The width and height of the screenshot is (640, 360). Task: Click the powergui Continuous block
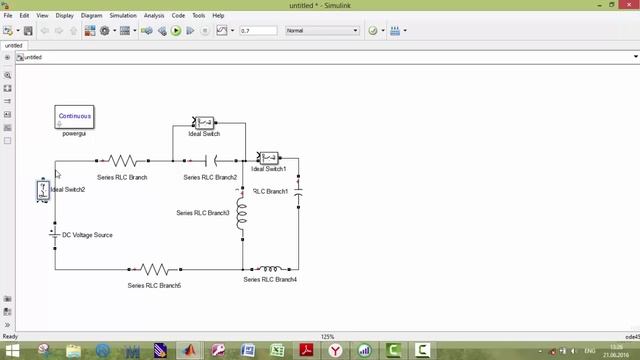(x=74, y=117)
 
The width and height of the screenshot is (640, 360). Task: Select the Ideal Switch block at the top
(x=204, y=122)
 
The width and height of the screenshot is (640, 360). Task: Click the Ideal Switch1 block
(x=268, y=157)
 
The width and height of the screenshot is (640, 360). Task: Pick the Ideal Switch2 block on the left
(x=43, y=189)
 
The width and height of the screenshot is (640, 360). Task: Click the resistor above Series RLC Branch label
(x=123, y=160)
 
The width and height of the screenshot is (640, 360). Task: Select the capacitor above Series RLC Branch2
(x=211, y=160)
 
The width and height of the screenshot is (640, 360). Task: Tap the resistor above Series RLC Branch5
(x=154, y=268)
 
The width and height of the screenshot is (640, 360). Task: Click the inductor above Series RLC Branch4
(x=270, y=268)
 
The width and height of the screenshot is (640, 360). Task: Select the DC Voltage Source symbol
(x=54, y=235)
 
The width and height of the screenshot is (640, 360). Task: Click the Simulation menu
(x=123, y=16)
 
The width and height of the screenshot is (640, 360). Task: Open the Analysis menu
(x=154, y=16)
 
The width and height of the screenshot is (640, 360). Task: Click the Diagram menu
(x=92, y=16)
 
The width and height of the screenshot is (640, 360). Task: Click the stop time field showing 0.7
(x=258, y=31)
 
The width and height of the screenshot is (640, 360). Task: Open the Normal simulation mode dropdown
(x=321, y=31)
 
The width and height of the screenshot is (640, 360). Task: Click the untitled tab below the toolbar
(x=13, y=45)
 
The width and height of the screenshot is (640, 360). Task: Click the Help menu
(x=218, y=16)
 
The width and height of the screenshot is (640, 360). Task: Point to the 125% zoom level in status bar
(x=327, y=336)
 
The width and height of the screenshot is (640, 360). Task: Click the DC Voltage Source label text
(x=88, y=235)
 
